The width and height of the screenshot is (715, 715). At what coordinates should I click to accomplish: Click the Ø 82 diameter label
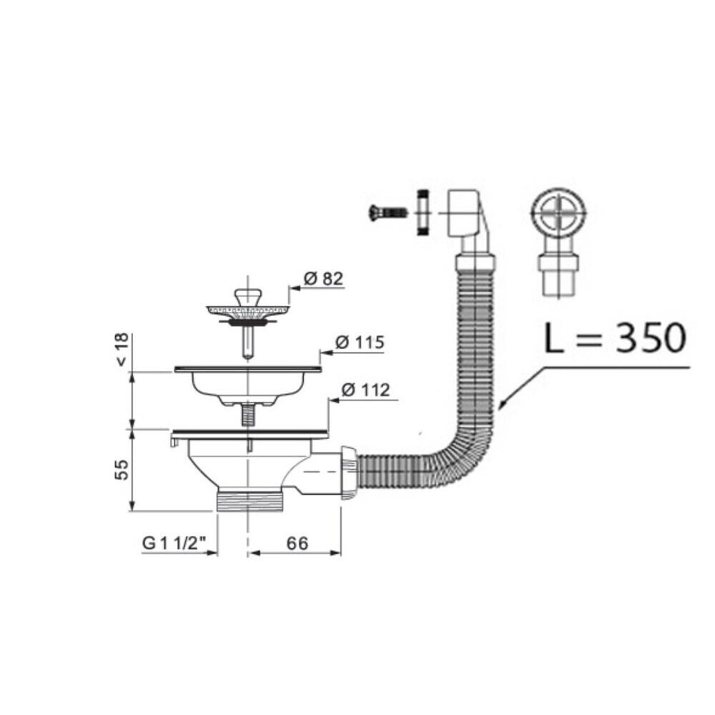click(x=323, y=278)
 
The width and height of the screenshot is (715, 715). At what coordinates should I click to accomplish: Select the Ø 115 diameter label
click(x=360, y=342)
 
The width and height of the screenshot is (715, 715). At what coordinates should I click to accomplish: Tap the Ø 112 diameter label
click(x=365, y=390)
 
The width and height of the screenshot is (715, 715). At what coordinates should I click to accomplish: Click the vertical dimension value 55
click(x=122, y=469)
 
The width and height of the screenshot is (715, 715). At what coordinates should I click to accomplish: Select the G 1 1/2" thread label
click(x=174, y=543)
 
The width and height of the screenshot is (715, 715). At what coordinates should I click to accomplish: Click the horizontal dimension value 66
click(x=297, y=543)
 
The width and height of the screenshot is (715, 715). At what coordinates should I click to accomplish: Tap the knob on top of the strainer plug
click(x=248, y=297)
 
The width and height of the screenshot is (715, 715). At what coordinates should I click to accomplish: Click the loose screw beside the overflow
click(x=388, y=212)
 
